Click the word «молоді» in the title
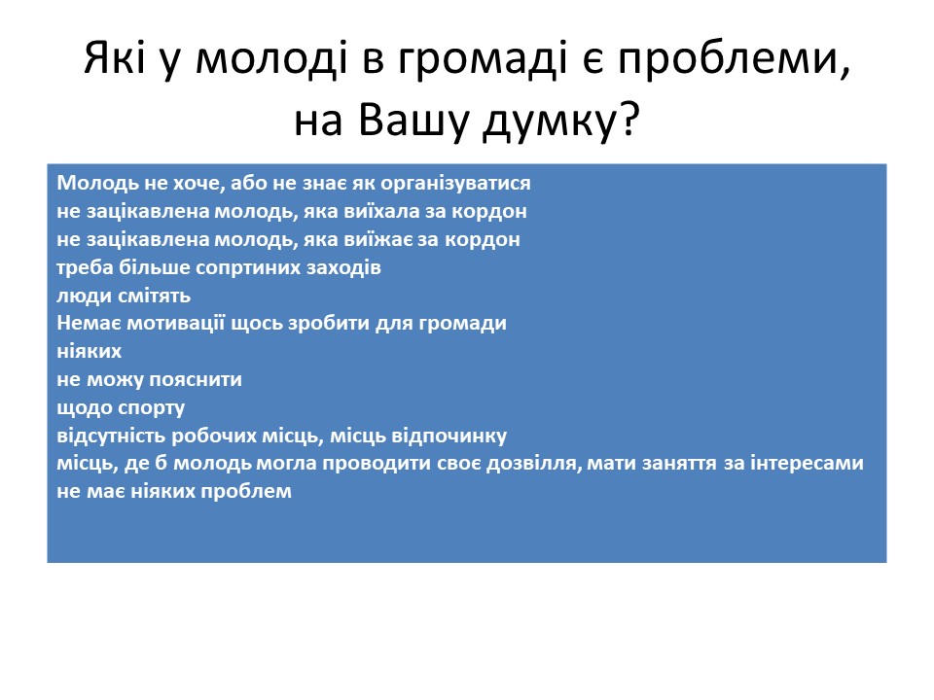271,59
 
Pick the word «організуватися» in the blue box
455,184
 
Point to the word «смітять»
155,296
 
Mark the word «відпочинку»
449,437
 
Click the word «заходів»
343,268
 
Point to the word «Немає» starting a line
89,323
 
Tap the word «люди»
85,297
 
